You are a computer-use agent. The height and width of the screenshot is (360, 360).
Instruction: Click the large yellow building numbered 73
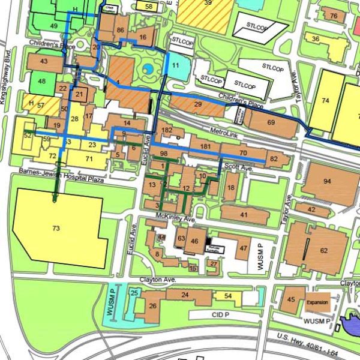pyautogui.click(x=57, y=229)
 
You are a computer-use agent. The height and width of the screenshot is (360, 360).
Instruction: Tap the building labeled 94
pyautogui.click(x=327, y=181)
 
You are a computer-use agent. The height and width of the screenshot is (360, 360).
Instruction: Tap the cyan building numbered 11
pyautogui.click(x=175, y=65)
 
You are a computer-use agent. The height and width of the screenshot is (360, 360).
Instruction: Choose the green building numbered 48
pyautogui.click(x=41, y=81)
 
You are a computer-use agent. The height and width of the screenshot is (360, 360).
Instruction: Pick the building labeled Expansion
pyautogui.click(x=317, y=303)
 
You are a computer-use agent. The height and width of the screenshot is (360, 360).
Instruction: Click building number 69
pyautogui.click(x=271, y=122)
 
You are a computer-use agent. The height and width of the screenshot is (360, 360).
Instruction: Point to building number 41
pyautogui.click(x=244, y=214)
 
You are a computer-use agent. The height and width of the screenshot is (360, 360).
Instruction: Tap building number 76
pyautogui.click(x=333, y=16)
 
